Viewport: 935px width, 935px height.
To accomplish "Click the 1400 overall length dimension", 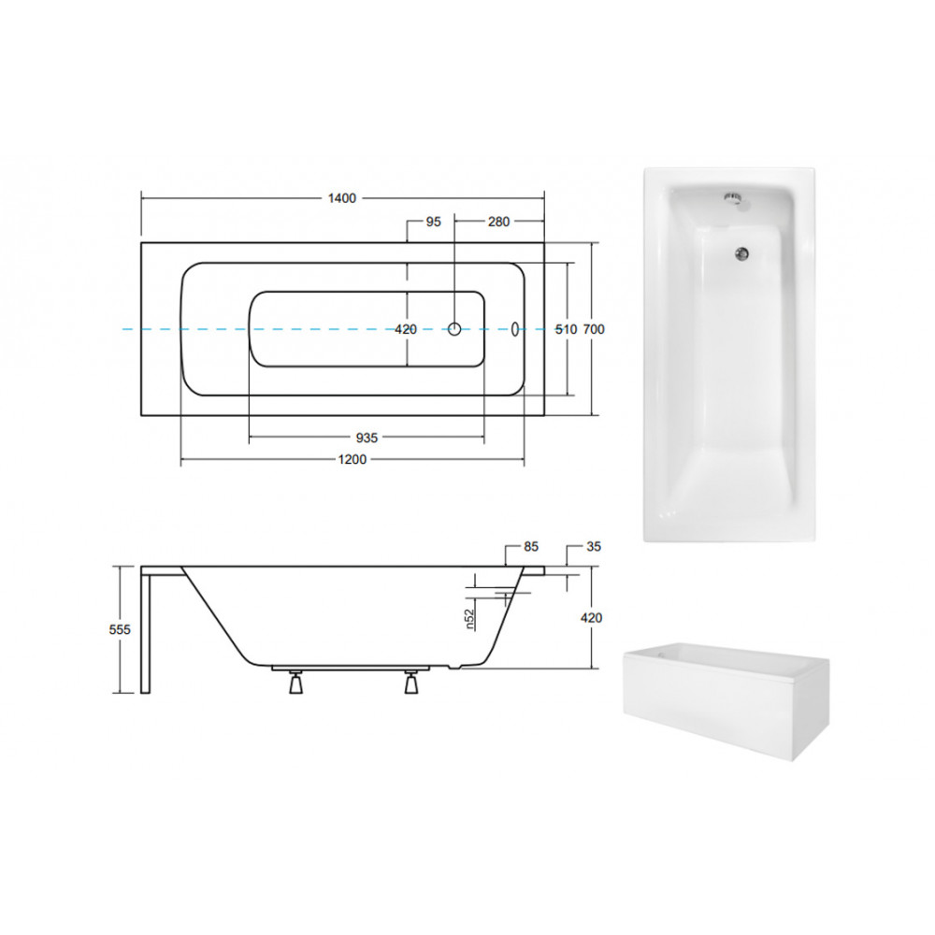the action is (341, 198).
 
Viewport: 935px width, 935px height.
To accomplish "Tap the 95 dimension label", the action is (434, 222).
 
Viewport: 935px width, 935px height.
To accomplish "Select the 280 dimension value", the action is (498, 222).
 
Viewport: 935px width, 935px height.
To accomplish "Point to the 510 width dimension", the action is (566, 329).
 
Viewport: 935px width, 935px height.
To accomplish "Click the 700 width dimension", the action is (594, 329).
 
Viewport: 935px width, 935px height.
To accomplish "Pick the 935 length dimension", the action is (367, 438).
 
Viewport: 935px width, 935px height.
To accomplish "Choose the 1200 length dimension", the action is (352, 460).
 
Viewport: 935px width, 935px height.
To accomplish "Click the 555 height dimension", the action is (120, 629).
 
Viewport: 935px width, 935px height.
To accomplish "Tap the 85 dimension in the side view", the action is (531, 546).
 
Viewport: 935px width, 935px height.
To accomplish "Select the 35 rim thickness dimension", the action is (594, 546).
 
